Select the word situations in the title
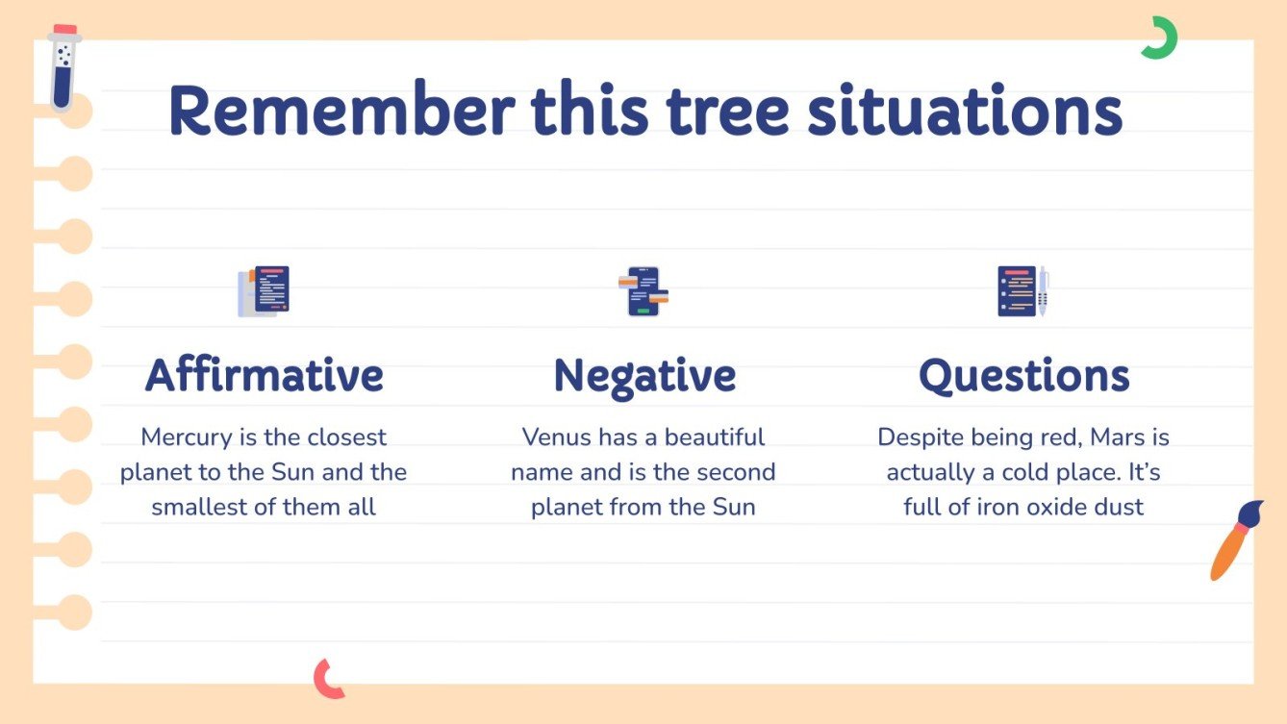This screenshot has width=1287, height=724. click(x=964, y=111)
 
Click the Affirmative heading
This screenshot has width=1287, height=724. click(x=265, y=375)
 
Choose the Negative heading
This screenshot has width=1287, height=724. click(x=644, y=375)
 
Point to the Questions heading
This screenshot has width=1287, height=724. click(x=1023, y=375)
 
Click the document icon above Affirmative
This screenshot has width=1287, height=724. click(x=264, y=291)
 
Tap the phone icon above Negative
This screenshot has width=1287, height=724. click(x=643, y=291)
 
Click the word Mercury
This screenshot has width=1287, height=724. click(x=186, y=437)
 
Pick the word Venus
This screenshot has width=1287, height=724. click(x=557, y=437)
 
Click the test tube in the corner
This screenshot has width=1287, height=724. click(x=64, y=69)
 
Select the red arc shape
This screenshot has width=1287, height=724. click(x=327, y=679)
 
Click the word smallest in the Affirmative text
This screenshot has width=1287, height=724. click(x=199, y=507)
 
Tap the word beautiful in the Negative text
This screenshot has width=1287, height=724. click(x=715, y=437)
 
